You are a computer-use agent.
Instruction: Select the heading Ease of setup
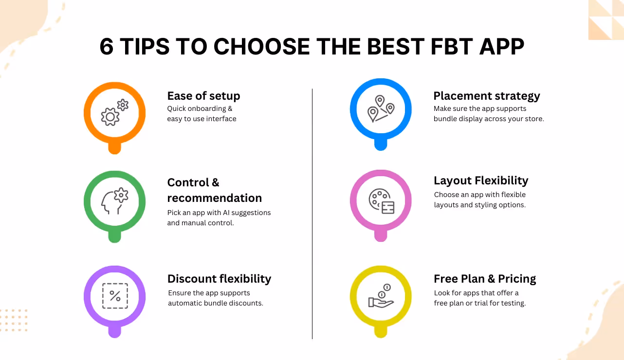pos(203,96)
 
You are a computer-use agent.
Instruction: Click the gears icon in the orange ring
pos(114,112)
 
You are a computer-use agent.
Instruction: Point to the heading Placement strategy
pos(487,96)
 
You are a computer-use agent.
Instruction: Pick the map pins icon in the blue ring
pos(381,108)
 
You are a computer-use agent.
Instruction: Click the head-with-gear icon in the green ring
pos(114,201)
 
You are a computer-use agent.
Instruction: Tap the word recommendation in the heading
pos(214,198)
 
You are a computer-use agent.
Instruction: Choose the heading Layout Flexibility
pos(481,180)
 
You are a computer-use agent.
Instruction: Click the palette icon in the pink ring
pos(381,200)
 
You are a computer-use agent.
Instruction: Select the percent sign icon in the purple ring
pos(115,296)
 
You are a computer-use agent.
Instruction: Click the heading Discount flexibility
pos(219,279)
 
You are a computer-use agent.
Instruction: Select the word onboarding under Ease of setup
pos(207,108)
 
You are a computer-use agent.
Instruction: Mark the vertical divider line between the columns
pos(312,214)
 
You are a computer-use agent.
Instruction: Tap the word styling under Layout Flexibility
pos(488,205)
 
